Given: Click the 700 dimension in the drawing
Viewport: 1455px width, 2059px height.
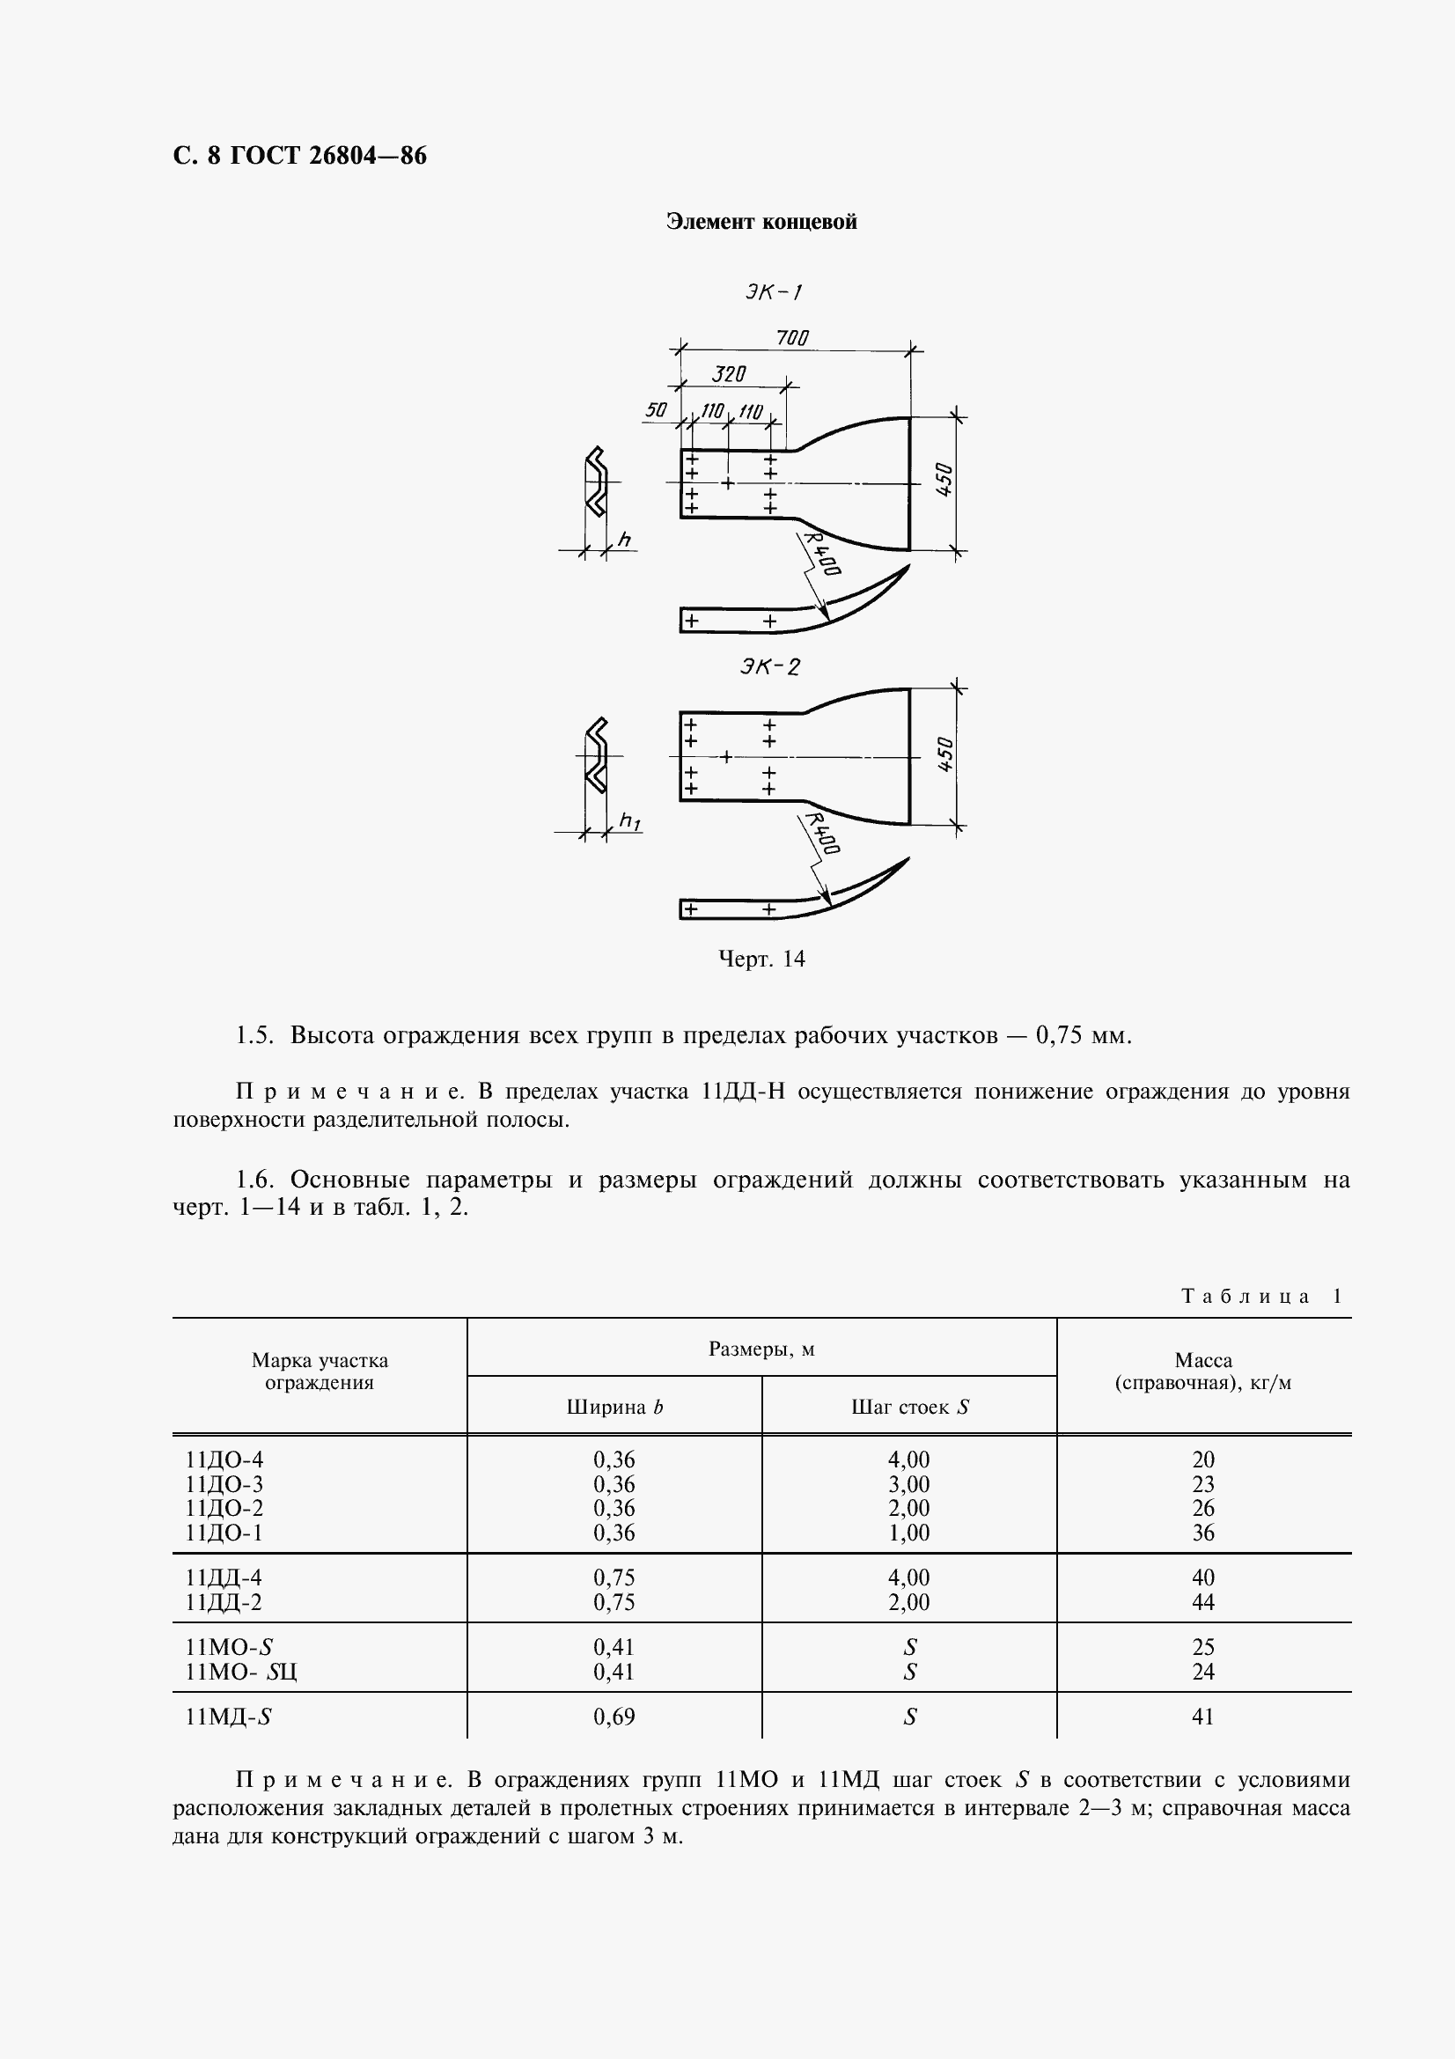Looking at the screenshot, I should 791,337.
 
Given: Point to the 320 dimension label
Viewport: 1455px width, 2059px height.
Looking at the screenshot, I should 728,374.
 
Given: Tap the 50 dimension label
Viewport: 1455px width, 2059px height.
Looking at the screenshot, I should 656,410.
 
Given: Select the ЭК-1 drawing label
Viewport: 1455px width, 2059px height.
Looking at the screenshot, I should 772,291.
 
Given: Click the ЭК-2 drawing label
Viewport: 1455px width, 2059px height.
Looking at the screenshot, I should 769,666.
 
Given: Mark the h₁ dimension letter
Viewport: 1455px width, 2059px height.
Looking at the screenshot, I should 630,820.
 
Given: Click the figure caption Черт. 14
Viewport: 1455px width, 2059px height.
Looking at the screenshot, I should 761,960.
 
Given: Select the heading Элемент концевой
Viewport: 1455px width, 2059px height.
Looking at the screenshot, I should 761,222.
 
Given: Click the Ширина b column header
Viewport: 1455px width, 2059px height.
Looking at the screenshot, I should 614,1407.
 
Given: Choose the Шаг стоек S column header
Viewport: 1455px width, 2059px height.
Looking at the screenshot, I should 909,1407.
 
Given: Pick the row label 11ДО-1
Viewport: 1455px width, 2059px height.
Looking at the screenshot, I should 224,1533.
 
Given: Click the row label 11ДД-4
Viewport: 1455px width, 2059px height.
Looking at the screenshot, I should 224,1577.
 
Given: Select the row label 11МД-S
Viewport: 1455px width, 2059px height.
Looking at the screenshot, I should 229,1717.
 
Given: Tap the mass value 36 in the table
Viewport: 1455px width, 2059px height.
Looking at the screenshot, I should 1203,1533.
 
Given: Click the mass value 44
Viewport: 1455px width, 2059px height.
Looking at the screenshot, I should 1203,1601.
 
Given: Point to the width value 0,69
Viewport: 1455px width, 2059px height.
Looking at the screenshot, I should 614,1717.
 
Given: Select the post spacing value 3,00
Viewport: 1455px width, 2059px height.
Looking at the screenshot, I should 909,1484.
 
